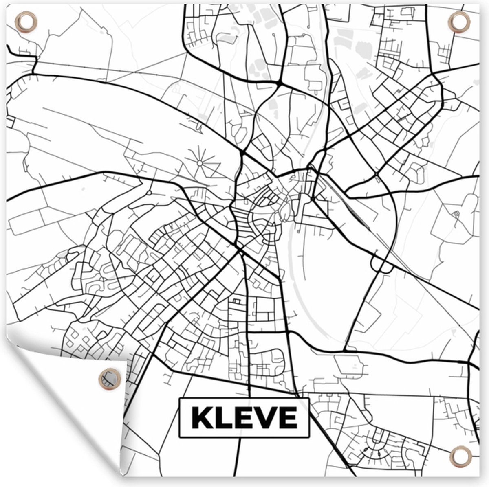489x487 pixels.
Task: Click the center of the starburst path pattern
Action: pos(200,162)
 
